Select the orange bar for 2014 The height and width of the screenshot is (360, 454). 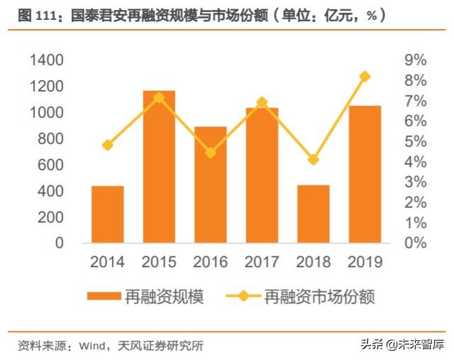click(108, 214)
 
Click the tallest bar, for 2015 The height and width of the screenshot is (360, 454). click(159, 167)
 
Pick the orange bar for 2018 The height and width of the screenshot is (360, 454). click(313, 214)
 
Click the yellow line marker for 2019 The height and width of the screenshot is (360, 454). click(365, 77)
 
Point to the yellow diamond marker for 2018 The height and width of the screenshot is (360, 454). click(313, 160)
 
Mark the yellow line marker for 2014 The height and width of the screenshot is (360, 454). click(108, 145)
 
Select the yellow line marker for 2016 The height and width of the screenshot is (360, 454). click(211, 153)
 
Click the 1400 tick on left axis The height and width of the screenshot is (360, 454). click(48, 60)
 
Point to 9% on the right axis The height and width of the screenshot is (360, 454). click(415, 60)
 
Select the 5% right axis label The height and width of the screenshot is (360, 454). click(415, 141)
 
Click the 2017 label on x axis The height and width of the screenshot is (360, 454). click(262, 262)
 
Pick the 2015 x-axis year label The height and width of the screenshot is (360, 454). click(159, 262)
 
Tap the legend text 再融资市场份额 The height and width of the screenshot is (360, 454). click(319, 296)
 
